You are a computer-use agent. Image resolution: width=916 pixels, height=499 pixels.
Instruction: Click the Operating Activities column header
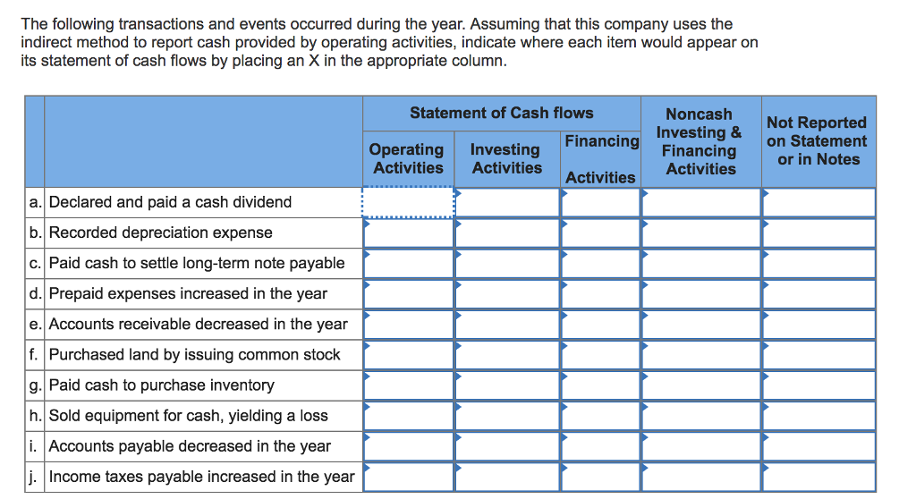click(x=408, y=158)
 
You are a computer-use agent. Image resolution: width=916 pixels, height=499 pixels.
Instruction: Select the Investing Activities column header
click(x=506, y=158)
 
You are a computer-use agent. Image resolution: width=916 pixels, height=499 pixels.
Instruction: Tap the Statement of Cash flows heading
click(x=501, y=113)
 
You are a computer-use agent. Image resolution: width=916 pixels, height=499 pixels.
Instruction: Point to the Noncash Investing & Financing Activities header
click(x=700, y=141)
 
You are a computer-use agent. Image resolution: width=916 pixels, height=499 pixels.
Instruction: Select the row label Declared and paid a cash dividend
click(x=170, y=202)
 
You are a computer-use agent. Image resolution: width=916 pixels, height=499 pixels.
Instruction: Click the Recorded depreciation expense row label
click(x=161, y=233)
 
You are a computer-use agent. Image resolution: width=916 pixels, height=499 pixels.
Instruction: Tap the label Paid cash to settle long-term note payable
click(x=197, y=263)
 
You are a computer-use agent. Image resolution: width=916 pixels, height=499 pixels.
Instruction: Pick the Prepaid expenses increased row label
click(x=188, y=293)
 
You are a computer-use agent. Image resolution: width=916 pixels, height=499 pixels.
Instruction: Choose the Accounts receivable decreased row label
click(x=199, y=324)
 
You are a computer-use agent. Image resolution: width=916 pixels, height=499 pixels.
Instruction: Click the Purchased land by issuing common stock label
click(x=194, y=354)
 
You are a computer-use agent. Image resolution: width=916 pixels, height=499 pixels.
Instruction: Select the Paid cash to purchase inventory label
click(x=162, y=385)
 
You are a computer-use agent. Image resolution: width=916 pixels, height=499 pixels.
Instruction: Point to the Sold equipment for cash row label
click(x=189, y=416)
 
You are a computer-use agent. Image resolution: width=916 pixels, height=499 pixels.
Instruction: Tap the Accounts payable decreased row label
click(x=190, y=446)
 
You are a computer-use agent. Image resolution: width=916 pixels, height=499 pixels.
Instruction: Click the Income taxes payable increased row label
click(x=201, y=477)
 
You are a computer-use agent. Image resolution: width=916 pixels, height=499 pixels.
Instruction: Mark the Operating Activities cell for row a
click(x=408, y=203)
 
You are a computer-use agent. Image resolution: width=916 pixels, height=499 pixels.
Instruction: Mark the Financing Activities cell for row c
click(x=600, y=264)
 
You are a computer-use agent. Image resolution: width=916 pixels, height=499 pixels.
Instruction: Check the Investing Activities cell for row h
click(x=507, y=416)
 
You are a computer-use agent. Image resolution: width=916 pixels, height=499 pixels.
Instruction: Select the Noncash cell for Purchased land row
click(x=700, y=355)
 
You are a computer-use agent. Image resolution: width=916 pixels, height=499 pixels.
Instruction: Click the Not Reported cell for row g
click(x=818, y=385)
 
